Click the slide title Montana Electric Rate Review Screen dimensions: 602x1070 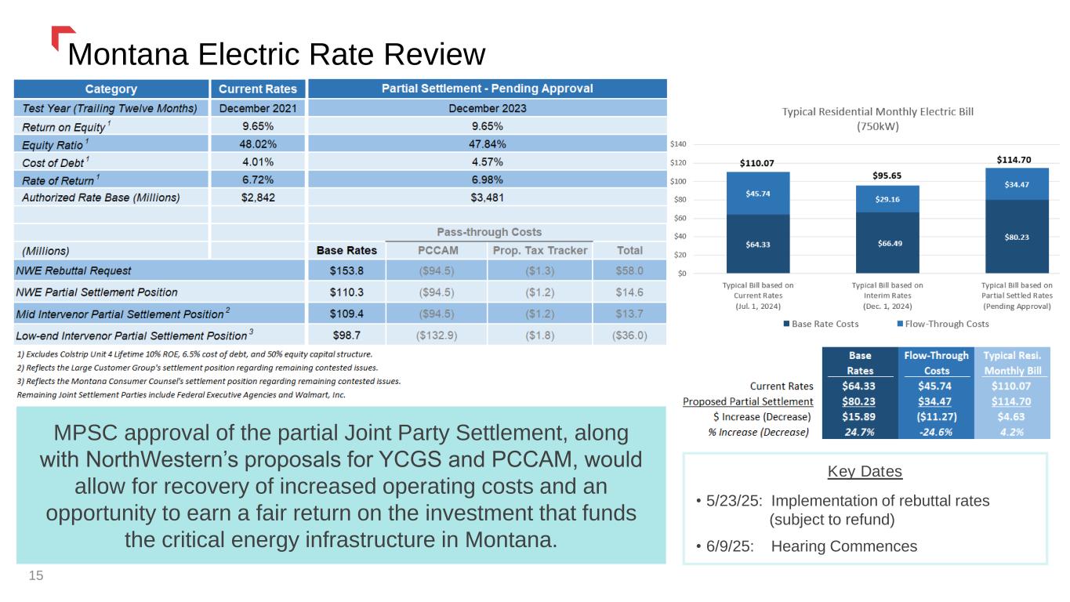(x=277, y=54)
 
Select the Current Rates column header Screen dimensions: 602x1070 (x=258, y=89)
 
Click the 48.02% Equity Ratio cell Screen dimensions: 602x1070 (x=258, y=143)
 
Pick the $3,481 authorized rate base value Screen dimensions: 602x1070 (x=487, y=197)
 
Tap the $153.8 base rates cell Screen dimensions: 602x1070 (x=346, y=270)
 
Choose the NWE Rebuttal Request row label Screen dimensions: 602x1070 (x=77, y=270)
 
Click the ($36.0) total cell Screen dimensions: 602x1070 (x=629, y=335)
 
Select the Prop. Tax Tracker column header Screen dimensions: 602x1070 (x=539, y=250)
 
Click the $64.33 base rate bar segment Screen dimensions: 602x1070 (x=746, y=244)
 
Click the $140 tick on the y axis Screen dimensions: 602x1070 (x=678, y=144)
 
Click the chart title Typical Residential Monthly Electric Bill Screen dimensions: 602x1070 (x=877, y=111)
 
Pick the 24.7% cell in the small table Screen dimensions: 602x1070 (x=858, y=433)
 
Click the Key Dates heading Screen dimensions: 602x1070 (x=865, y=472)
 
